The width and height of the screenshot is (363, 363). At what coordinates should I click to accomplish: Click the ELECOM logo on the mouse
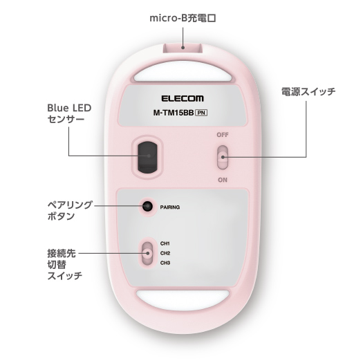183,98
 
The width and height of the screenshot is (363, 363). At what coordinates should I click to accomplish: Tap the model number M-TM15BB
174,113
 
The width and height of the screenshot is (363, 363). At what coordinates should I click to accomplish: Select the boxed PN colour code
201,113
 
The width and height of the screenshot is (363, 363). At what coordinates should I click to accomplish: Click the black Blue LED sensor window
147,157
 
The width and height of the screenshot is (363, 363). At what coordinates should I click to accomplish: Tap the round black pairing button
147,206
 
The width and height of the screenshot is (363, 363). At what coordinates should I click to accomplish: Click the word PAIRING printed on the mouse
170,207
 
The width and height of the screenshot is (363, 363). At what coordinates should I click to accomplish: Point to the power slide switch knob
223,157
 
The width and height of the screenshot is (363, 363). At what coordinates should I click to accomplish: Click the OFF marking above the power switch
223,135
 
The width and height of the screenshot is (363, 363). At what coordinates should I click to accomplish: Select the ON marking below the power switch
223,180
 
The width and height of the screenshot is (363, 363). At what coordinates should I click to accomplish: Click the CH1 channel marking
165,243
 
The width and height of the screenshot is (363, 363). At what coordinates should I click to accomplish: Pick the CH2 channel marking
165,253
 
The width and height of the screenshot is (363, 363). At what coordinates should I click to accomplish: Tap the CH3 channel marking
165,263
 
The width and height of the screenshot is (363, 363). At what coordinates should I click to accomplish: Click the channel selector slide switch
147,253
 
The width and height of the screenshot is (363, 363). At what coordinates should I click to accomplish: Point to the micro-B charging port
183,48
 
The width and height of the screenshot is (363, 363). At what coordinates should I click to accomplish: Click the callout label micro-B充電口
183,18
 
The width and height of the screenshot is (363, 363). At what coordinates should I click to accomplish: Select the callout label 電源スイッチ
308,92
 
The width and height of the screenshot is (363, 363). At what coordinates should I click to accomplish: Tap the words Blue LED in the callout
69,108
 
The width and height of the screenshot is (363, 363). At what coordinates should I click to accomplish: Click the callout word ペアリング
70,205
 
